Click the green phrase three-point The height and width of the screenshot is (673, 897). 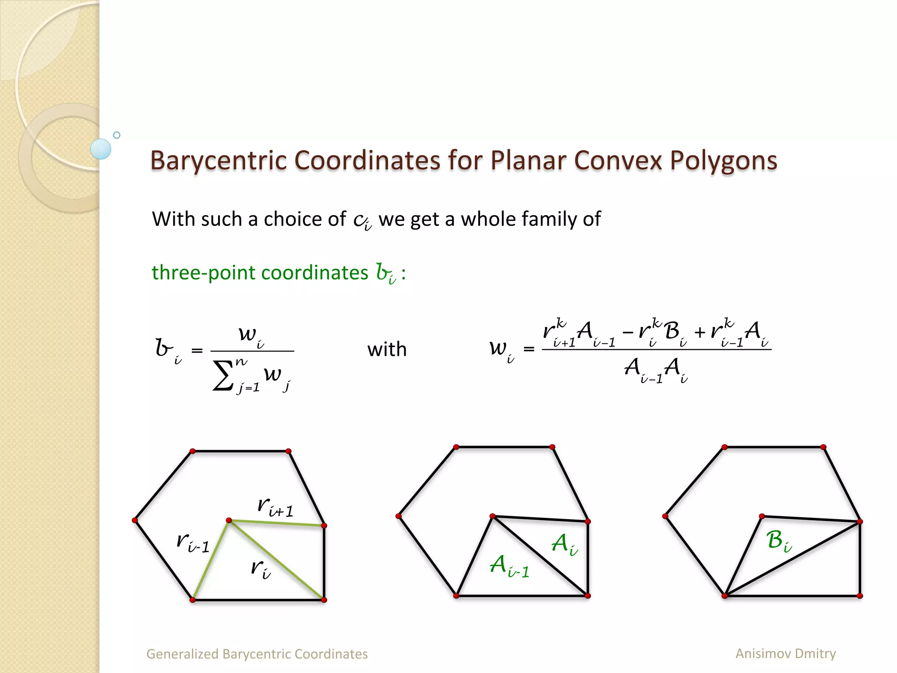(203, 273)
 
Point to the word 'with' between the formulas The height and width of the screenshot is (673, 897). (387, 350)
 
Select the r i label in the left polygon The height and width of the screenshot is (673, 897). (261, 569)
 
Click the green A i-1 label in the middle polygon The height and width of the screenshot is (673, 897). (509, 566)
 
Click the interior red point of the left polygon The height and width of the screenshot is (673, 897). (229, 520)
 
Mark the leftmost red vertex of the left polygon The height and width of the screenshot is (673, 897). (134, 520)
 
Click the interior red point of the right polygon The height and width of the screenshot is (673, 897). (762, 517)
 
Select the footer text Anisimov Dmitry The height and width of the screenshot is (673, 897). (785, 653)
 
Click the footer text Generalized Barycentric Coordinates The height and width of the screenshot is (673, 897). (257, 654)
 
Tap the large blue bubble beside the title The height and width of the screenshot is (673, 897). (101, 149)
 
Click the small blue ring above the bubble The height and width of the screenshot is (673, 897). (117, 135)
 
